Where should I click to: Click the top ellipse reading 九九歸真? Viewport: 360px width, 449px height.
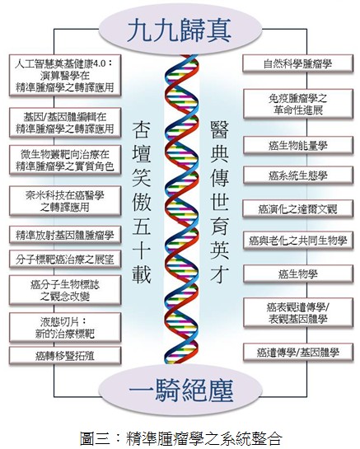pos(180,30)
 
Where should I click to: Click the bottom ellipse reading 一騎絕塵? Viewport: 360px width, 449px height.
pos(180,391)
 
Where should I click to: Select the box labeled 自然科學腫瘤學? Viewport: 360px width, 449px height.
pos(298,63)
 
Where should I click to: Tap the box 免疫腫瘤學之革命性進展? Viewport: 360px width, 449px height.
pos(298,104)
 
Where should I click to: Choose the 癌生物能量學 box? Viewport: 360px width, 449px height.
pos(298,146)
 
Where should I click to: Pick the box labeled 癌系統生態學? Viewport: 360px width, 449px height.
pos(298,175)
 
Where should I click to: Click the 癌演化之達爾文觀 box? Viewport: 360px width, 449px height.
pos(298,209)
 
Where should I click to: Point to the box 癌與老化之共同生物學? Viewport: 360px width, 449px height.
pos(298,241)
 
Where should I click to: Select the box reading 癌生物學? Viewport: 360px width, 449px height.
pos(298,274)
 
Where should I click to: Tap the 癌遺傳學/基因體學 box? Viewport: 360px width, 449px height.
pos(298,353)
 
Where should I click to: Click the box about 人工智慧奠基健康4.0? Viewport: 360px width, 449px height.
pos(65,75)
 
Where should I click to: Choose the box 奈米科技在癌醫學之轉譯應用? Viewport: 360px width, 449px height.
pos(65,201)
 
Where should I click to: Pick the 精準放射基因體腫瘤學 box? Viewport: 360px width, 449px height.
pos(65,235)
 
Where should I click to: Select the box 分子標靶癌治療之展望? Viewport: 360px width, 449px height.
pos(65,260)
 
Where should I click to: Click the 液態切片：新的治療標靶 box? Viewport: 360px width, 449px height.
pos(65,328)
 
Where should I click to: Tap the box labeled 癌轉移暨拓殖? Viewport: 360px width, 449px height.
pos(65,356)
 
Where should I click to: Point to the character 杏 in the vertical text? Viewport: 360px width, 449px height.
pos(142,129)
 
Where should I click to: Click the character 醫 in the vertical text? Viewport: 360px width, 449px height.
pos(219,129)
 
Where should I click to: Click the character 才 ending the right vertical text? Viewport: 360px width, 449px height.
pos(219,274)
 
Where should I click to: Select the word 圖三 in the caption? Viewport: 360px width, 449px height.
pos(95,437)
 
